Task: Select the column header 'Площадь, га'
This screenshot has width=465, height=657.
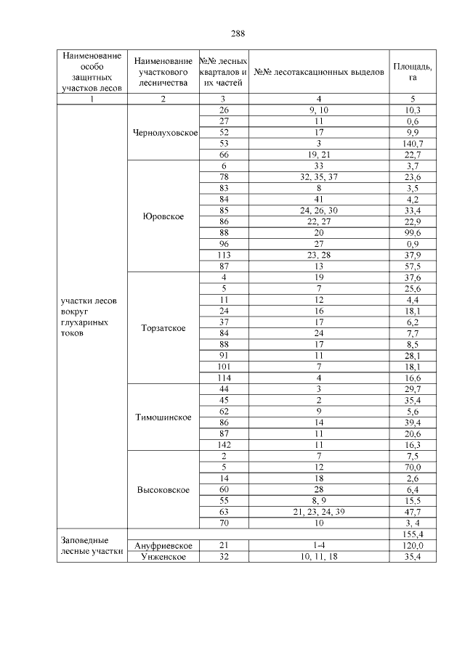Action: tap(412, 73)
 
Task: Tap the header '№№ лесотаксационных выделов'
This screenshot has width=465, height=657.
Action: tap(319, 73)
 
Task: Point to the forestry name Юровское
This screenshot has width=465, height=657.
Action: tap(163, 216)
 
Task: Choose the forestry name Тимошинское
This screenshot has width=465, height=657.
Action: tap(163, 417)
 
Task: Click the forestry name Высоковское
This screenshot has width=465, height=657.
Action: tap(163, 490)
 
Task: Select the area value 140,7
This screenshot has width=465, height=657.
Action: tap(412, 144)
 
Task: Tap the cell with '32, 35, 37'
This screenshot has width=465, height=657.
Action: tap(319, 177)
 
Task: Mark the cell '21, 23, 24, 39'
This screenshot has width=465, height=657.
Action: tap(319, 512)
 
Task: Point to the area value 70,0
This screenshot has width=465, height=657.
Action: tap(412, 468)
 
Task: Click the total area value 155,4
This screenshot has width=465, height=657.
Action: tap(412, 534)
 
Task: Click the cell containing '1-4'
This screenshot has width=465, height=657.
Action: tap(319, 545)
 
